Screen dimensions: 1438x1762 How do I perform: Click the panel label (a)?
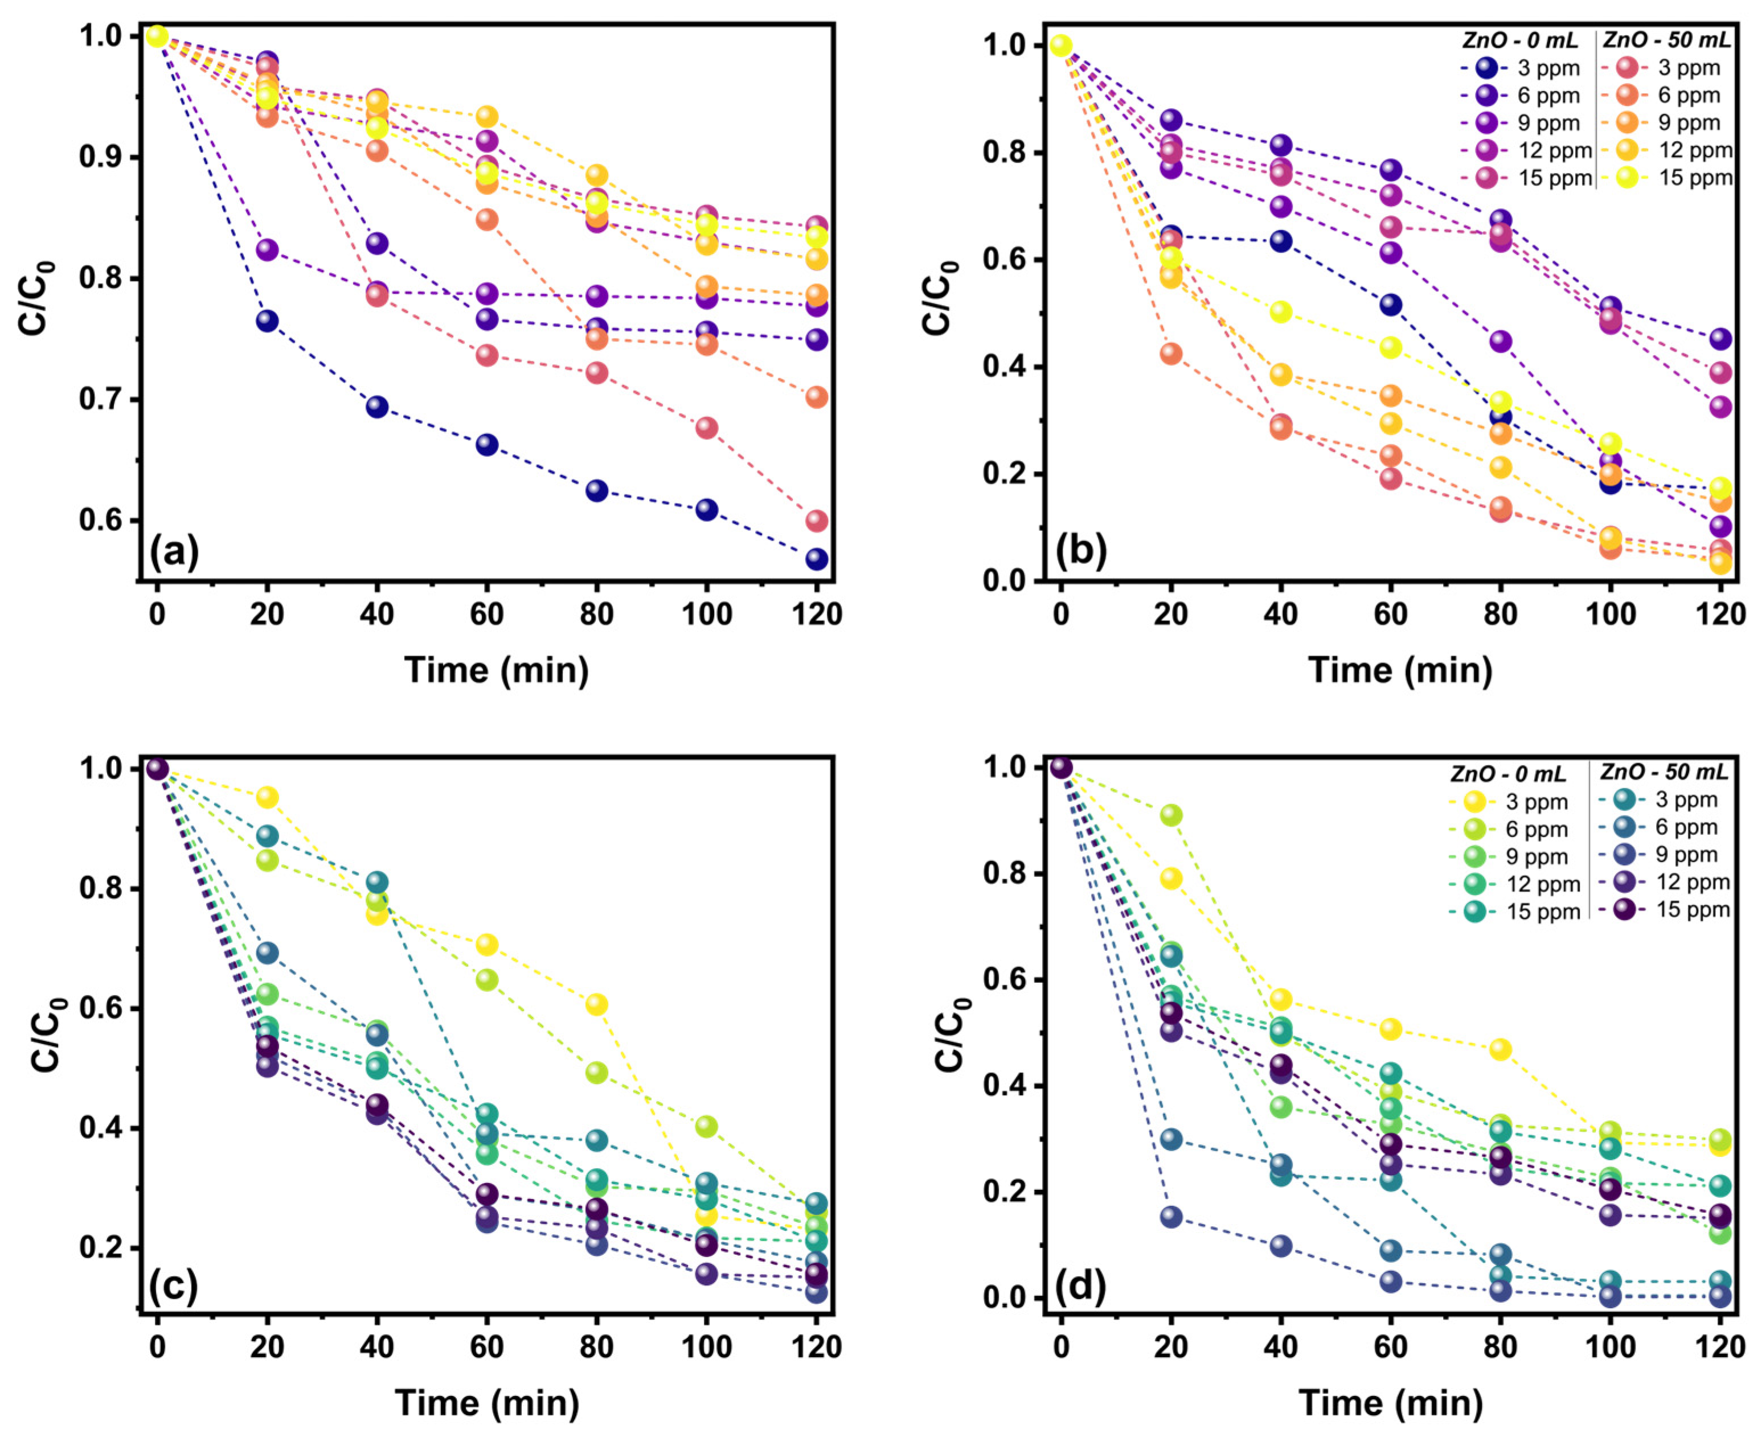[174, 551]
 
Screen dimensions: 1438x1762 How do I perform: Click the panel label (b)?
[1081, 551]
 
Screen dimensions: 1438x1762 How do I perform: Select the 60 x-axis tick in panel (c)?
[486, 1346]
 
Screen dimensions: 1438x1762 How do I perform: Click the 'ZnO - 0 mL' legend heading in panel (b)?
[1520, 40]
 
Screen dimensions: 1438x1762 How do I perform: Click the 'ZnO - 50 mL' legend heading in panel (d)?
[1662, 772]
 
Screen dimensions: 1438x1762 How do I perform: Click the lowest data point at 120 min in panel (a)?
[816, 559]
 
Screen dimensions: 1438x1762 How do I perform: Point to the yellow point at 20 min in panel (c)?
[267, 797]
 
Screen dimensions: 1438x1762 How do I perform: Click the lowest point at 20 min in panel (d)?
[1170, 1217]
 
